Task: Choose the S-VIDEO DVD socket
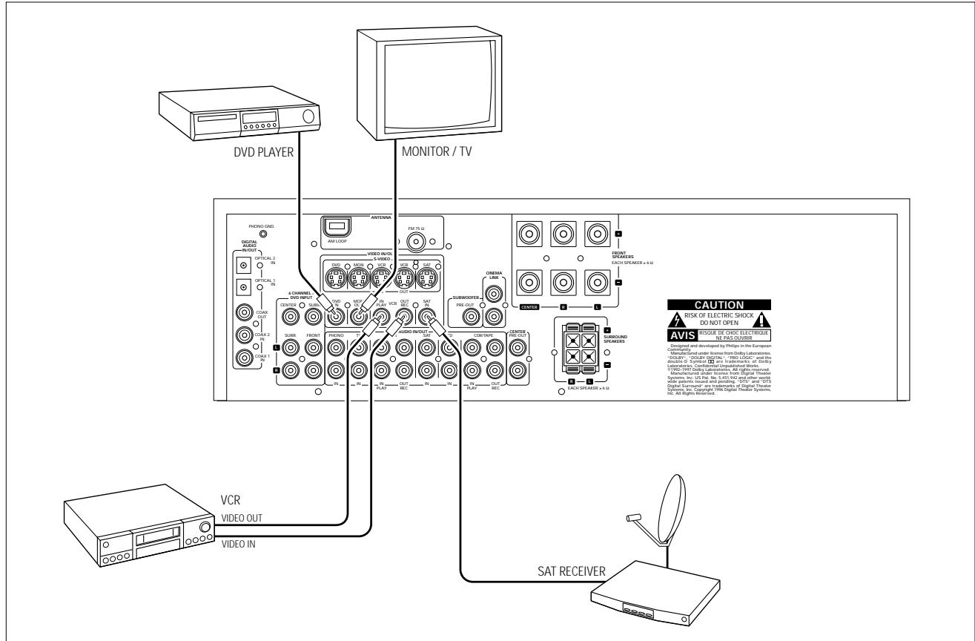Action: click(335, 280)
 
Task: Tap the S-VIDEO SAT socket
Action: click(426, 280)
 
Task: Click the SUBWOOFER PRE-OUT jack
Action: click(469, 317)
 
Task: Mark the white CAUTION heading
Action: click(718, 304)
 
